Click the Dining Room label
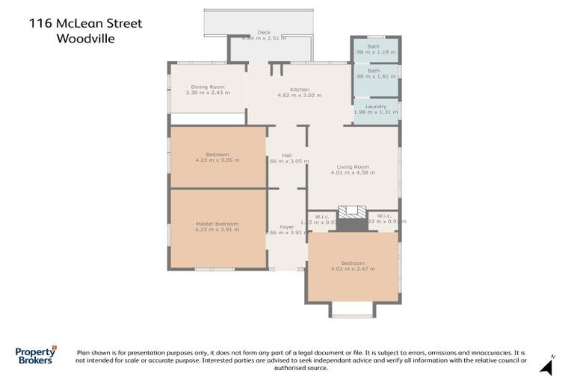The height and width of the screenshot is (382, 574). [x=207, y=87]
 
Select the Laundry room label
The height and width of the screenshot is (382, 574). [x=376, y=106]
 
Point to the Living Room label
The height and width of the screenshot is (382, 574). [x=353, y=166]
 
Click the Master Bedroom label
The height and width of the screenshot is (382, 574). [x=217, y=224]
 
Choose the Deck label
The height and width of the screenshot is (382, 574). [x=264, y=32]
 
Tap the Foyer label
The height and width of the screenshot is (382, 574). [x=287, y=226]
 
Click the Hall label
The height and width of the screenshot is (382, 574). [x=287, y=154]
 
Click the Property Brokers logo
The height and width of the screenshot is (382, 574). [x=35, y=356]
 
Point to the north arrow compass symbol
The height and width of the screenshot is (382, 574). [x=547, y=367]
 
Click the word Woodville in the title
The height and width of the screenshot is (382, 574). [x=86, y=39]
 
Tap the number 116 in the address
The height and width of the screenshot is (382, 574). [x=41, y=23]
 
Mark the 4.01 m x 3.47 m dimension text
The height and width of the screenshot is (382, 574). [x=353, y=269]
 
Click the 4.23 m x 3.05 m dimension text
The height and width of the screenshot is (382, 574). [x=217, y=160]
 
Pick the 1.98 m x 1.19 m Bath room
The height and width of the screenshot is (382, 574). [x=376, y=49]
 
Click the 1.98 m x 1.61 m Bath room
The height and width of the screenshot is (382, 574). [x=376, y=73]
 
